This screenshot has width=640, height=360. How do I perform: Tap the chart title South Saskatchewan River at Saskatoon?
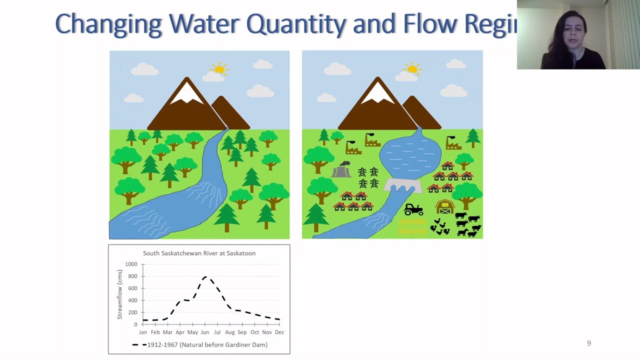pyautogui.click(x=199, y=253)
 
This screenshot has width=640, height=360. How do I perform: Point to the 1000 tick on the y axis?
pyautogui.click(x=131, y=264)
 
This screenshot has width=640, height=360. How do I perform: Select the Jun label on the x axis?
pyautogui.click(x=205, y=332)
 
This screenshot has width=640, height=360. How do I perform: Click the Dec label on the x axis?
pyautogui.click(x=279, y=332)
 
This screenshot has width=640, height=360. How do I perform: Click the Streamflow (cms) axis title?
pyautogui.click(x=120, y=294)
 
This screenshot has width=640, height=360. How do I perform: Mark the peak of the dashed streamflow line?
pyautogui.click(x=205, y=276)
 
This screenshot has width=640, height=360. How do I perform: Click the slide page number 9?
pyautogui.click(x=588, y=343)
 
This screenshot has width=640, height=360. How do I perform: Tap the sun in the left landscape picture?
pyautogui.click(x=219, y=69)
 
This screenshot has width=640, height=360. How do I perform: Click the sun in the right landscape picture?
pyautogui.click(x=412, y=69)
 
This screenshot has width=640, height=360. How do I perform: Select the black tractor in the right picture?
pyautogui.click(x=413, y=209)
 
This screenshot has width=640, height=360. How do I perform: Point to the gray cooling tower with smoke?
pyautogui.click(x=341, y=170)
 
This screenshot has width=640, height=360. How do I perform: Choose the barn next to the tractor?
pyautogui.click(x=444, y=207)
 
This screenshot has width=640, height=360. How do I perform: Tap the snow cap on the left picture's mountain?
pyautogui.click(x=186, y=93)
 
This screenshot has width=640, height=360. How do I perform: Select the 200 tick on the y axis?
pyautogui.click(x=132, y=312)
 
